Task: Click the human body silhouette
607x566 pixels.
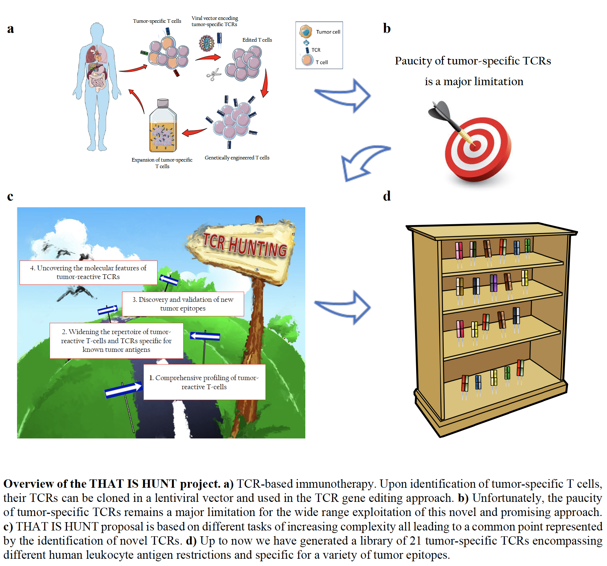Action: point(97,87)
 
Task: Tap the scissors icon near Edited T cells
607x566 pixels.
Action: point(214,75)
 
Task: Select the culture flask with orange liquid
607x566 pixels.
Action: point(163,127)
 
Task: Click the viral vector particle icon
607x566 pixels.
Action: point(206,43)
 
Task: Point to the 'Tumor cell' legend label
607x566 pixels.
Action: point(328,32)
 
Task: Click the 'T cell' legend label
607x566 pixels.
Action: point(322,62)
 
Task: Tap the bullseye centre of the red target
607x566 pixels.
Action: point(475,146)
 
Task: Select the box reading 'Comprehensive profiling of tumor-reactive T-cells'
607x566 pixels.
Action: point(204,382)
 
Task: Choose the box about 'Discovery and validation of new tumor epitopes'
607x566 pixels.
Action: point(183,304)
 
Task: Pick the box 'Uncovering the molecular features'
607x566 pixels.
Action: point(88,272)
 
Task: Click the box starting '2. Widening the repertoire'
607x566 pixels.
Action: point(116,341)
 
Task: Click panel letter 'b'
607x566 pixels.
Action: point(387,28)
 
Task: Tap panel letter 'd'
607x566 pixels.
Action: point(387,196)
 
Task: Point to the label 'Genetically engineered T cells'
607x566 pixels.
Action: point(237,158)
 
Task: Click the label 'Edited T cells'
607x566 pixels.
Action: point(257,40)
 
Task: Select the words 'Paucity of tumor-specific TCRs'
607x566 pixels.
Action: point(473,61)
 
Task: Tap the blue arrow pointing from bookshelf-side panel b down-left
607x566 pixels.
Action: point(362,161)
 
